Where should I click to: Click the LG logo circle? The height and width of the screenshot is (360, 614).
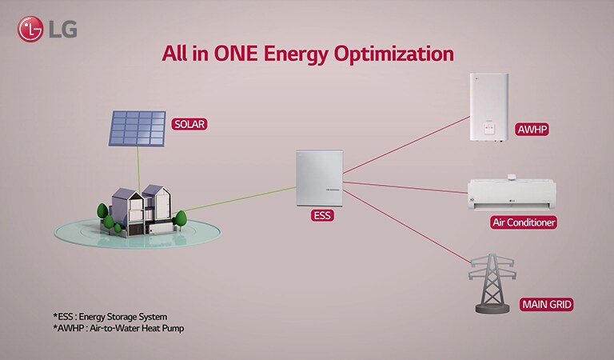coord(30,30)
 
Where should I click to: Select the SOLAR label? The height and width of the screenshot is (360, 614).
coord(189,124)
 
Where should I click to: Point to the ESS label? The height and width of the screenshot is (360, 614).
coord(321,215)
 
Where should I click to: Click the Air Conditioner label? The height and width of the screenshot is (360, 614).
coord(524,222)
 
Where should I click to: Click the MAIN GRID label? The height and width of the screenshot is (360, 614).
coord(547,305)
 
